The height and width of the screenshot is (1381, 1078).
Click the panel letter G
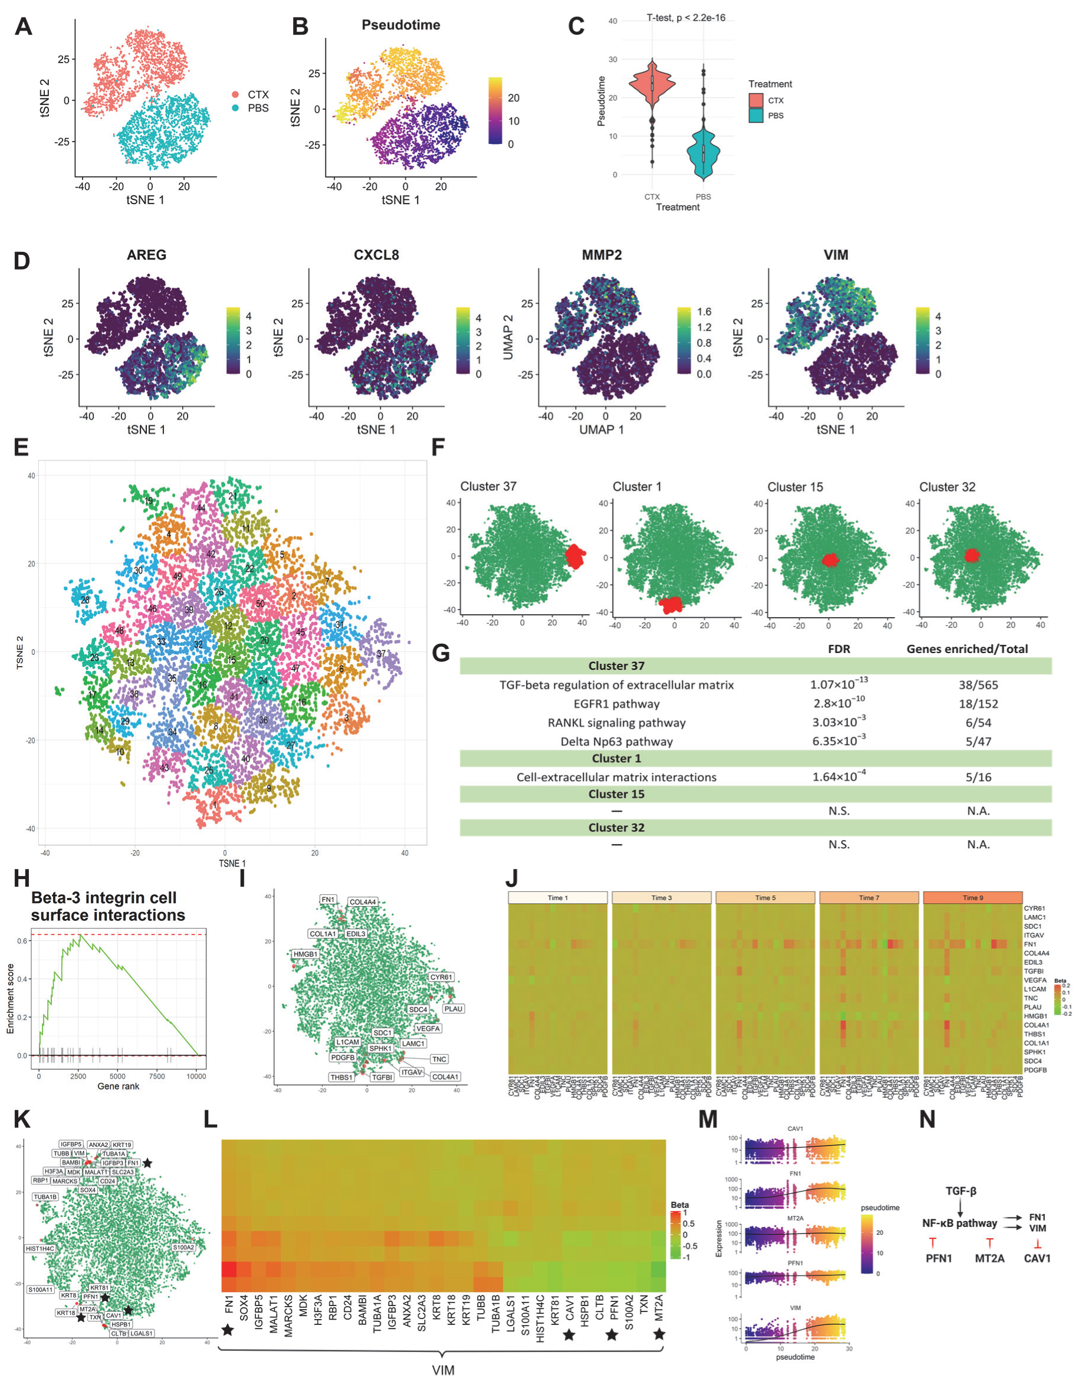[441, 652]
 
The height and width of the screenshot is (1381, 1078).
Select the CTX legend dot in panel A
[235, 95]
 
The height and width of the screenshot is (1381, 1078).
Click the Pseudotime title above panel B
[400, 25]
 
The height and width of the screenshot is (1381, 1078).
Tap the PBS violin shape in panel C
[703, 152]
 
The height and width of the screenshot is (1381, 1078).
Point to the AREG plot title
[146, 255]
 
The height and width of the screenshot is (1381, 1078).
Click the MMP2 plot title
[602, 255]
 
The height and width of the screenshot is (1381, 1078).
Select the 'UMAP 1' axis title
[602, 430]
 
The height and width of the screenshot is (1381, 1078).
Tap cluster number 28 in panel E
[85, 599]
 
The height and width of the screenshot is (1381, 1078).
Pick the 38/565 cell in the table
[978, 685]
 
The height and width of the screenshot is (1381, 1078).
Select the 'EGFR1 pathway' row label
[616, 704]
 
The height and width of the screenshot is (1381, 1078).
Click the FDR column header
[839, 649]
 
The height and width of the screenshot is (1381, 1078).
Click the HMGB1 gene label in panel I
[305, 954]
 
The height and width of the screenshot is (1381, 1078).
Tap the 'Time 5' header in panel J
[764, 898]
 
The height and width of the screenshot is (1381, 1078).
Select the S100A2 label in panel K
[183, 1248]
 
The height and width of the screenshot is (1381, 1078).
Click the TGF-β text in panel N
[961, 1191]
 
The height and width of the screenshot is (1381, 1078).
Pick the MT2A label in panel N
[989, 1258]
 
